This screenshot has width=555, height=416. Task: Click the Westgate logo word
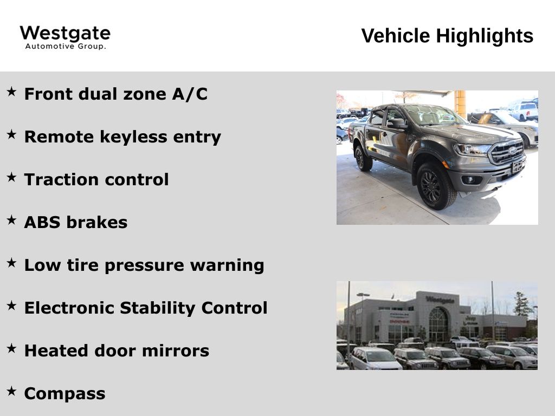click(x=65, y=34)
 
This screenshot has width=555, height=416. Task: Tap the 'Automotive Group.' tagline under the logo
click(x=66, y=47)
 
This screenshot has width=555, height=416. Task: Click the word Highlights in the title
click(x=484, y=36)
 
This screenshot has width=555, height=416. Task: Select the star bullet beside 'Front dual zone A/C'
click(x=11, y=92)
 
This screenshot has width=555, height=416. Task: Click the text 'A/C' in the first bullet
click(x=190, y=94)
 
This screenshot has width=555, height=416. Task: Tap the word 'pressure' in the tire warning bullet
click(x=144, y=266)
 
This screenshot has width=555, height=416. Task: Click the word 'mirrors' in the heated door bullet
click(x=176, y=351)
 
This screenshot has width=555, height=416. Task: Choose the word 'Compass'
click(x=65, y=394)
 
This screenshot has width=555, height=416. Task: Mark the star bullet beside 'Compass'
click(x=11, y=391)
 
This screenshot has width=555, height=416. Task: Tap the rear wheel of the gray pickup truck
click(x=363, y=158)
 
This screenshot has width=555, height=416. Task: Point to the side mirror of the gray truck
click(x=397, y=123)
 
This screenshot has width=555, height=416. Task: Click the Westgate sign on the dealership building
click(x=440, y=300)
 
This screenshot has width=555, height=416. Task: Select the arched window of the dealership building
click(x=438, y=324)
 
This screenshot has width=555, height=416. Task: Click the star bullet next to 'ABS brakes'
click(x=11, y=220)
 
